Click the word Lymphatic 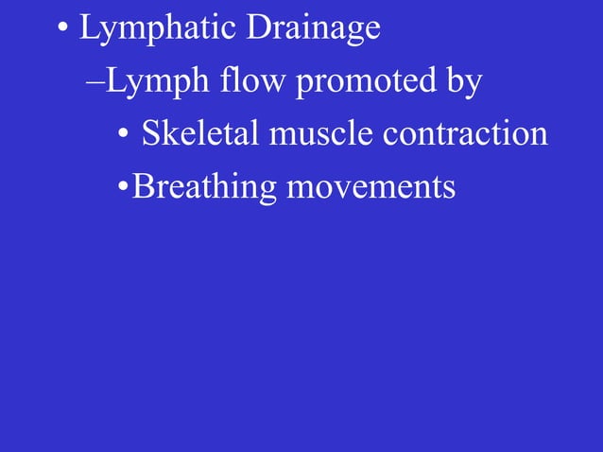click(158, 28)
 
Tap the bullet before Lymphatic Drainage click(61, 29)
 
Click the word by click(463, 82)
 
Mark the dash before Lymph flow click(95, 84)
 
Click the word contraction click(465, 133)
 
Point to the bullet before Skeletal click(123, 135)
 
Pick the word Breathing click(204, 186)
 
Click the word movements click(370, 185)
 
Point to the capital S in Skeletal click(149, 133)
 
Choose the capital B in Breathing click(142, 185)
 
